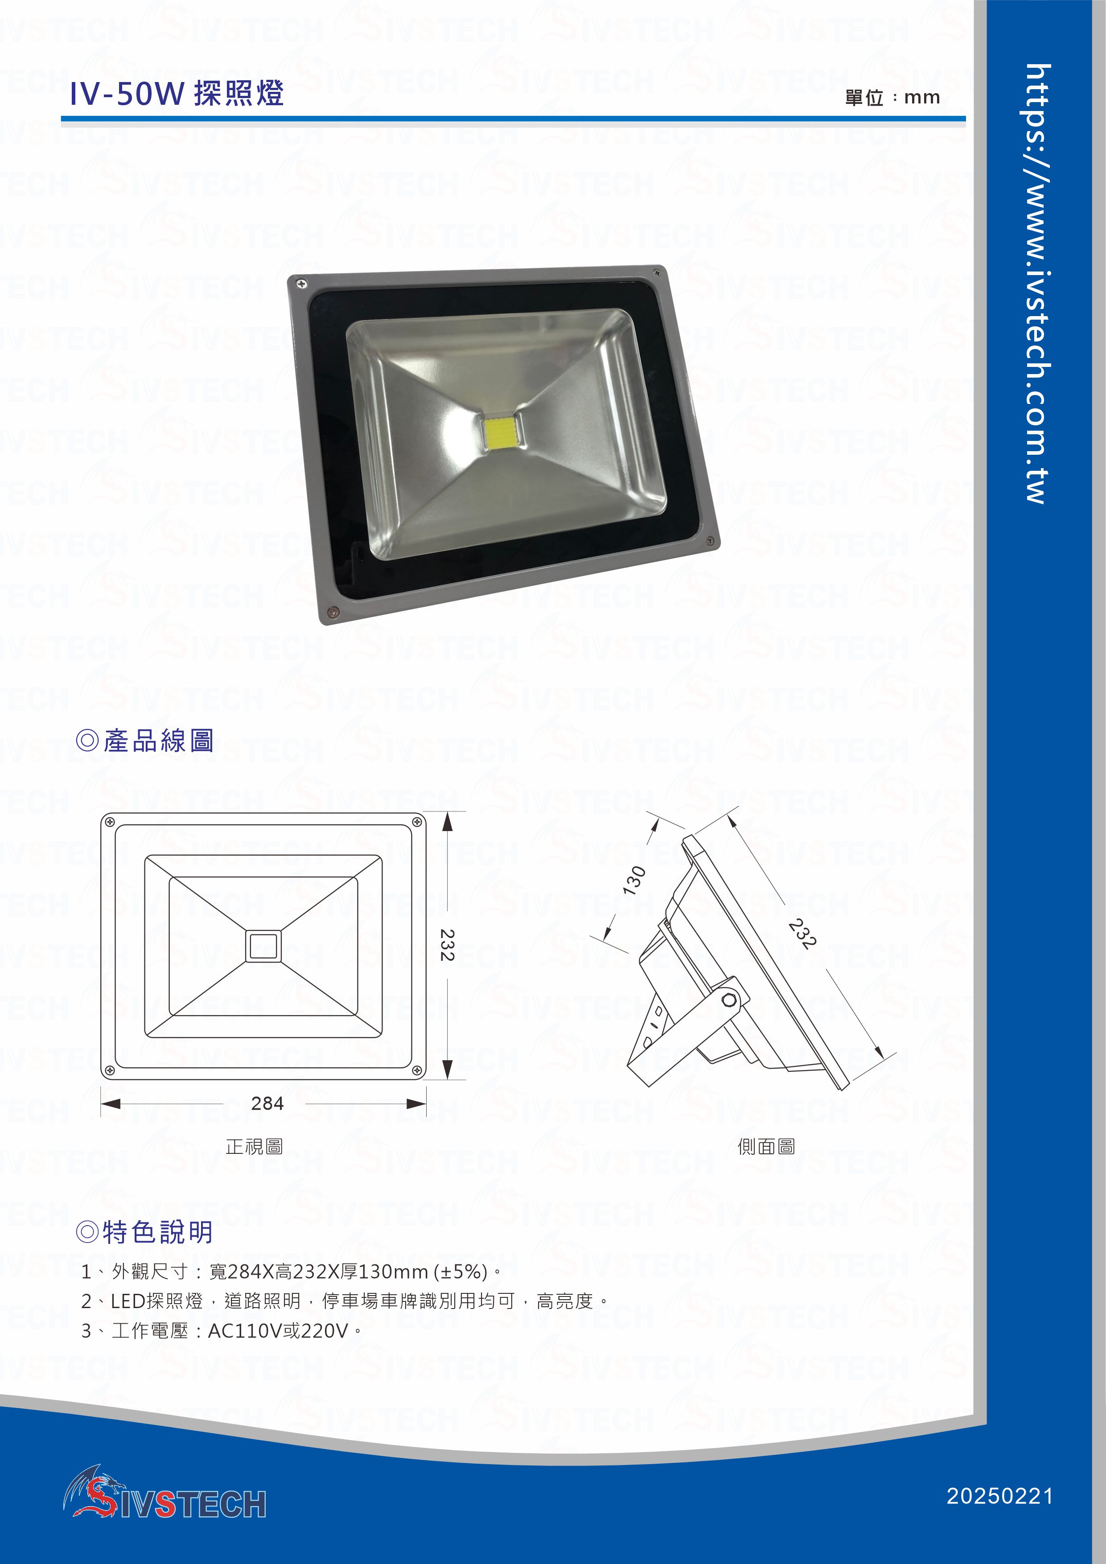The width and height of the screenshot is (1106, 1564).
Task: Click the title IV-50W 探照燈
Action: pyautogui.click(x=177, y=94)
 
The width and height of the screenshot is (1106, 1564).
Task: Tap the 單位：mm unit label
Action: pyautogui.click(x=892, y=97)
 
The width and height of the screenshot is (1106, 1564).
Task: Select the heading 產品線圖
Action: pyautogui.click(x=145, y=741)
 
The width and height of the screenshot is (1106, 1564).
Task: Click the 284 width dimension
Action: pyautogui.click(x=267, y=1103)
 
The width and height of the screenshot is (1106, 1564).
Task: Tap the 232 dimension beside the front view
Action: pyautogui.click(x=447, y=945)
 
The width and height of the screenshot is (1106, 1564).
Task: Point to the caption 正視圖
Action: pyautogui.click(x=254, y=1146)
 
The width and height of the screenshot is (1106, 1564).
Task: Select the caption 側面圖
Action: pyautogui.click(x=766, y=1146)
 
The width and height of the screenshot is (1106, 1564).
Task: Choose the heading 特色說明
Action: pyautogui.click(x=144, y=1231)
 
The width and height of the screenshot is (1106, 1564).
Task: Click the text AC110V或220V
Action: pyautogui.click(x=278, y=1330)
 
